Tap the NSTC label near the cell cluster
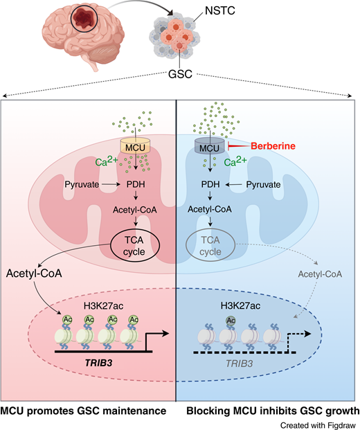tap(202, 12)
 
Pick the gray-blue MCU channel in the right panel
tap(208, 147)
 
